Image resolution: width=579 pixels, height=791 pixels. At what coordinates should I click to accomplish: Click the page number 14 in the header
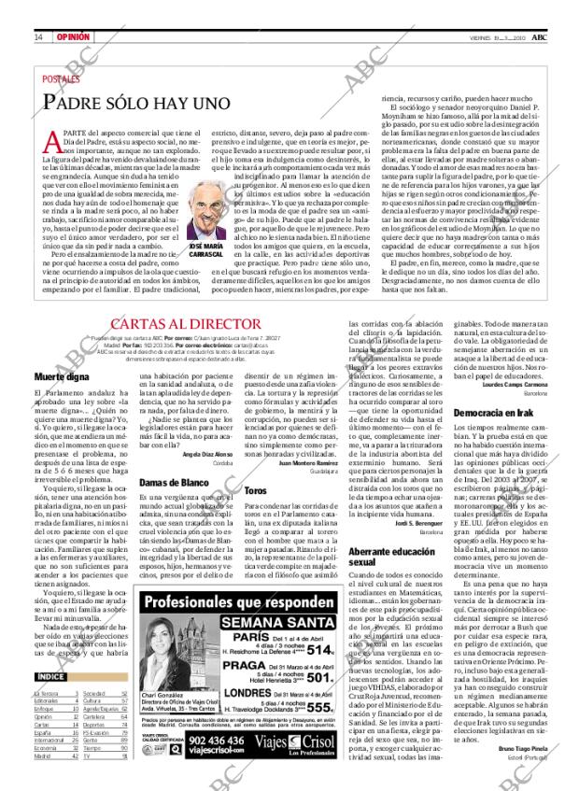(x=37, y=37)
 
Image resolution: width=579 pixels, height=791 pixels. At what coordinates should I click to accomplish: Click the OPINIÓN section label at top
(x=72, y=37)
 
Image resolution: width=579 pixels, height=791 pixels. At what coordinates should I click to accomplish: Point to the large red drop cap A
(x=55, y=142)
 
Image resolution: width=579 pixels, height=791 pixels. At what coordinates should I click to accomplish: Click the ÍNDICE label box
(x=50, y=676)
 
